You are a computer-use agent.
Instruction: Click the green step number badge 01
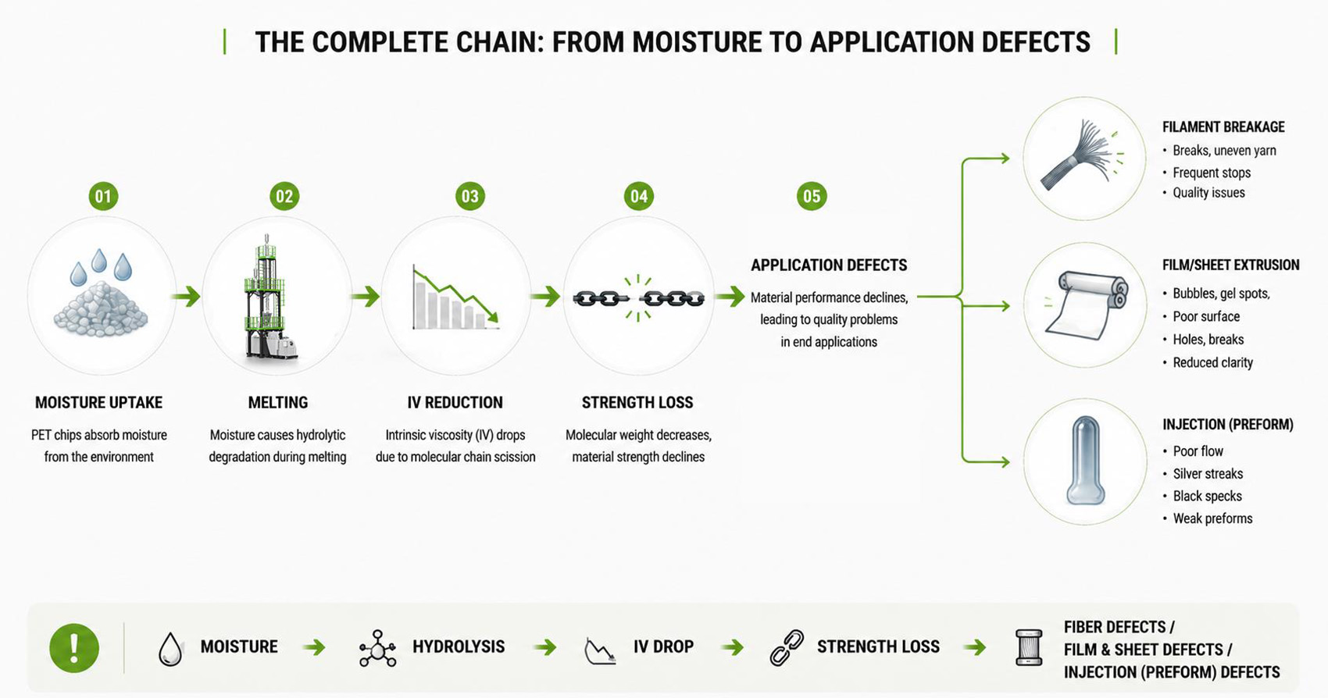pyautogui.click(x=103, y=196)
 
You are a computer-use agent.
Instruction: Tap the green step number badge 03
pyautogui.click(x=470, y=196)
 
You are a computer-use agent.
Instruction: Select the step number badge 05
pyautogui.click(x=812, y=196)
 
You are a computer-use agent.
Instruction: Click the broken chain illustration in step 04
pyautogui.click(x=638, y=298)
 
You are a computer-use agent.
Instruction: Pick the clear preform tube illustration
pyautogui.click(x=1086, y=461)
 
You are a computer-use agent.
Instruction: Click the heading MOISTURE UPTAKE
pyautogui.click(x=98, y=403)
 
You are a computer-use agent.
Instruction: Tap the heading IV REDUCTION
pyautogui.click(x=455, y=403)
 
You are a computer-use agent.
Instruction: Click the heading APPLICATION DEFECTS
pyautogui.click(x=829, y=265)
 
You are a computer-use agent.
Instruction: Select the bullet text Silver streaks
pyautogui.click(x=1208, y=474)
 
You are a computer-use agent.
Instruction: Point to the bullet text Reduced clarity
pyautogui.click(x=1213, y=362)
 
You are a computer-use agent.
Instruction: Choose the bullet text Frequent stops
pyautogui.click(x=1212, y=173)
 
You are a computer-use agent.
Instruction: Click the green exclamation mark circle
pyautogui.click(x=74, y=647)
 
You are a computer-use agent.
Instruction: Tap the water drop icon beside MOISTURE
pyautogui.click(x=170, y=649)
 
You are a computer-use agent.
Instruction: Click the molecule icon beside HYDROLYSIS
pyautogui.click(x=377, y=648)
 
